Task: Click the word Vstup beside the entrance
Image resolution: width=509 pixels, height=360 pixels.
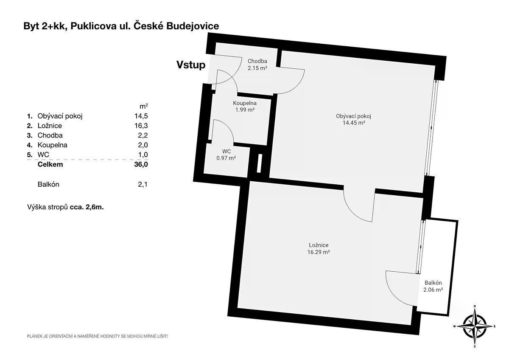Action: (191, 65)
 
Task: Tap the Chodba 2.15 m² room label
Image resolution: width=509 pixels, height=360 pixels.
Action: (257, 65)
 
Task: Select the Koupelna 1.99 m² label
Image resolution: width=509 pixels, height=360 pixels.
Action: (245, 107)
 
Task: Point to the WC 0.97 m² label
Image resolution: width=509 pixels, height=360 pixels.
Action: (226, 155)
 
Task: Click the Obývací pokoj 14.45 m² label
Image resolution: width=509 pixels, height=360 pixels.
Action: (354, 119)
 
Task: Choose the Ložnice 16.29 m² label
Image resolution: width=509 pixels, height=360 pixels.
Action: (319, 249)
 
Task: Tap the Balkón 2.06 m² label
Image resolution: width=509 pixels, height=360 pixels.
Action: (433, 286)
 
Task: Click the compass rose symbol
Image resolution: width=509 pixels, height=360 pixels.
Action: (475, 326)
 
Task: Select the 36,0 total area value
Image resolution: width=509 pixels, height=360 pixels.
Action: (141, 164)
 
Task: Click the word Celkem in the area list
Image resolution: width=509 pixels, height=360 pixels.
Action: (50, 164)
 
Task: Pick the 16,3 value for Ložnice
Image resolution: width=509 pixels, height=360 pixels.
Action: (141, 126)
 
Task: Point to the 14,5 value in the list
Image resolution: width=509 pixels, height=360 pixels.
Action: (141, 116)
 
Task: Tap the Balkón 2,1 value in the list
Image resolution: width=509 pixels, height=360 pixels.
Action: (143, 184)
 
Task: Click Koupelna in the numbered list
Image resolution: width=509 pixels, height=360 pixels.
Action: (53, 145)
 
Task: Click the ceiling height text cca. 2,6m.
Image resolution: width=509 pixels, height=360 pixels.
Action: (87, 207)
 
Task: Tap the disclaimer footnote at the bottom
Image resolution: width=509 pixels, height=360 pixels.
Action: (97, 336)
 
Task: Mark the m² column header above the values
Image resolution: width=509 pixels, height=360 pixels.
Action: (144, 106)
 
